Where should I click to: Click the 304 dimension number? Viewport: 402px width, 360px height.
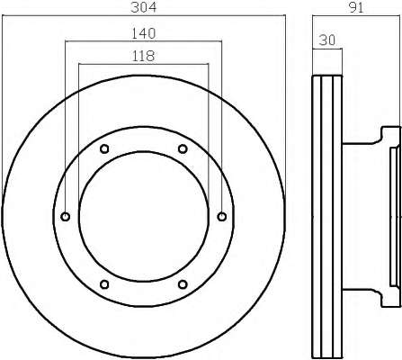click(144, 7)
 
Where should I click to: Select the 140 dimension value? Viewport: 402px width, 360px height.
click(144, 33)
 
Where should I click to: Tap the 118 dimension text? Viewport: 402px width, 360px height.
click(143, 56)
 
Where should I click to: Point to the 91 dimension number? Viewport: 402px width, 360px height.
click(356, 7)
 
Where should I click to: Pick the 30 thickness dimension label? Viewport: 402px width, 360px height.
click(327, 40)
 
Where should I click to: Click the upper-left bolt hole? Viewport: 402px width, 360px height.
click(104, 148)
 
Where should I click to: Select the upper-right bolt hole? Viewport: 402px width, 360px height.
click(183, 148)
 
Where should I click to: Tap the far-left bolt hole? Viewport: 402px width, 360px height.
click(66, 216)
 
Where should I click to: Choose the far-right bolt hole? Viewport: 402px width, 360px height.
click(222, 216)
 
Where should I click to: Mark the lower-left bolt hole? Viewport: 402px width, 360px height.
click(104, 284)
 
